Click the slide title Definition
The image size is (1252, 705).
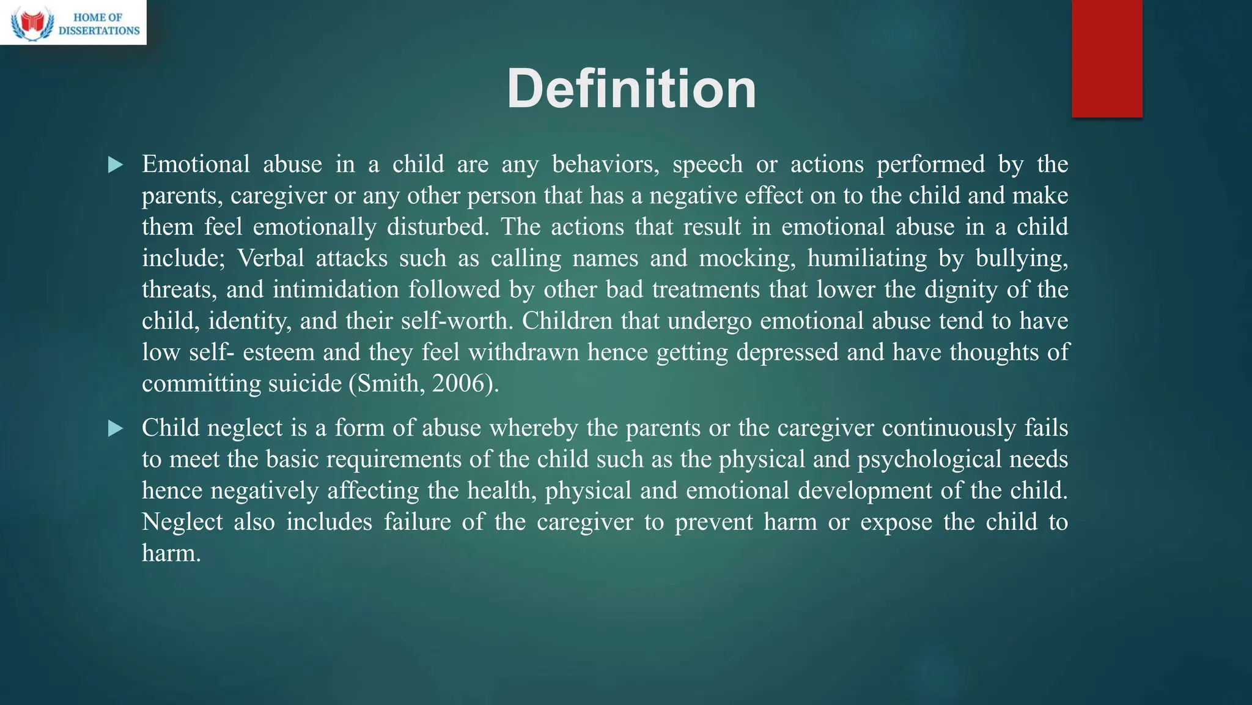pos(631,89)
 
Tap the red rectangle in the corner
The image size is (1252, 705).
pos(1107,58)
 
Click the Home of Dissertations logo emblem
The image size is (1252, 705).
pos(32,23)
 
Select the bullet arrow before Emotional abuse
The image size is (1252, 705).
pos(115,165)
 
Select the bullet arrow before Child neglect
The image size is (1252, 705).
pos(115,428)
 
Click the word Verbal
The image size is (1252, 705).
pos(271,258)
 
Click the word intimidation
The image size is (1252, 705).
pos(336,289)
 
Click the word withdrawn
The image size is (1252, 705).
pos(523,352)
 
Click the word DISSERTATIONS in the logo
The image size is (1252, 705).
pos(99,31)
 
